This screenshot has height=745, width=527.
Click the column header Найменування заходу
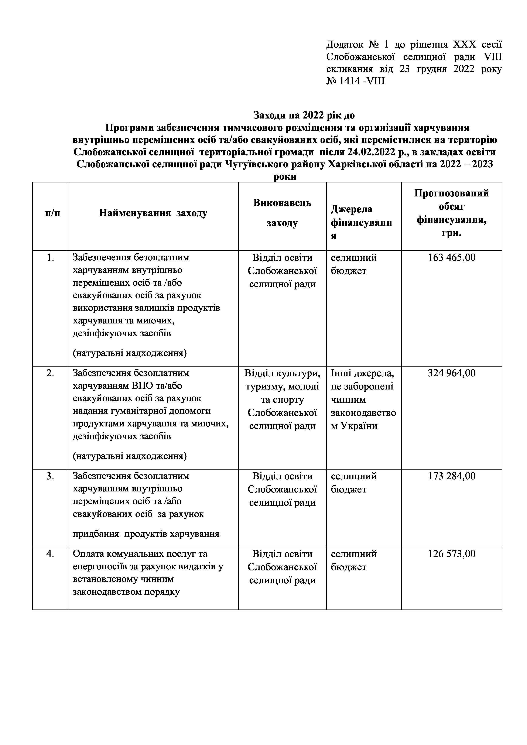tap(153, 213)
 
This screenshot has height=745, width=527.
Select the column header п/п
tap(52, 213)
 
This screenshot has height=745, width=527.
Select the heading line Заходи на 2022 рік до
tap(304, 115)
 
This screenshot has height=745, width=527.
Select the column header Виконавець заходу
tap(282, 213)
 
